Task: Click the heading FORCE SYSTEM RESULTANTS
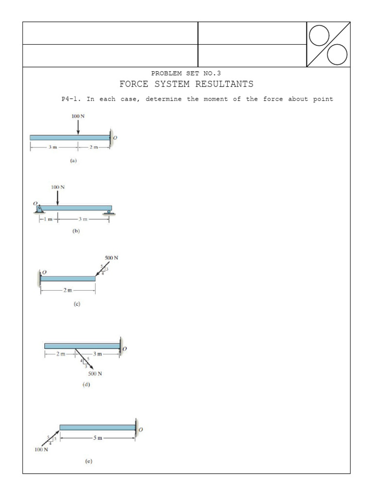(x=186, y=84)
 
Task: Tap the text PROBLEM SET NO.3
(x=186, y=73)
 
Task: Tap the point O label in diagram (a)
(x=115, y=138)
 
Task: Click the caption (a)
(x=73, y=160)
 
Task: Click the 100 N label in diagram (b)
(x=57, y=186)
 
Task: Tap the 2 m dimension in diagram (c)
(x=68, y=290)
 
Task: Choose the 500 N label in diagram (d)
(x=95, y=374)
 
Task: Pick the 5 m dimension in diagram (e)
(x=98, y=438)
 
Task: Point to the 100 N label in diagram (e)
(x=41, y=449)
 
